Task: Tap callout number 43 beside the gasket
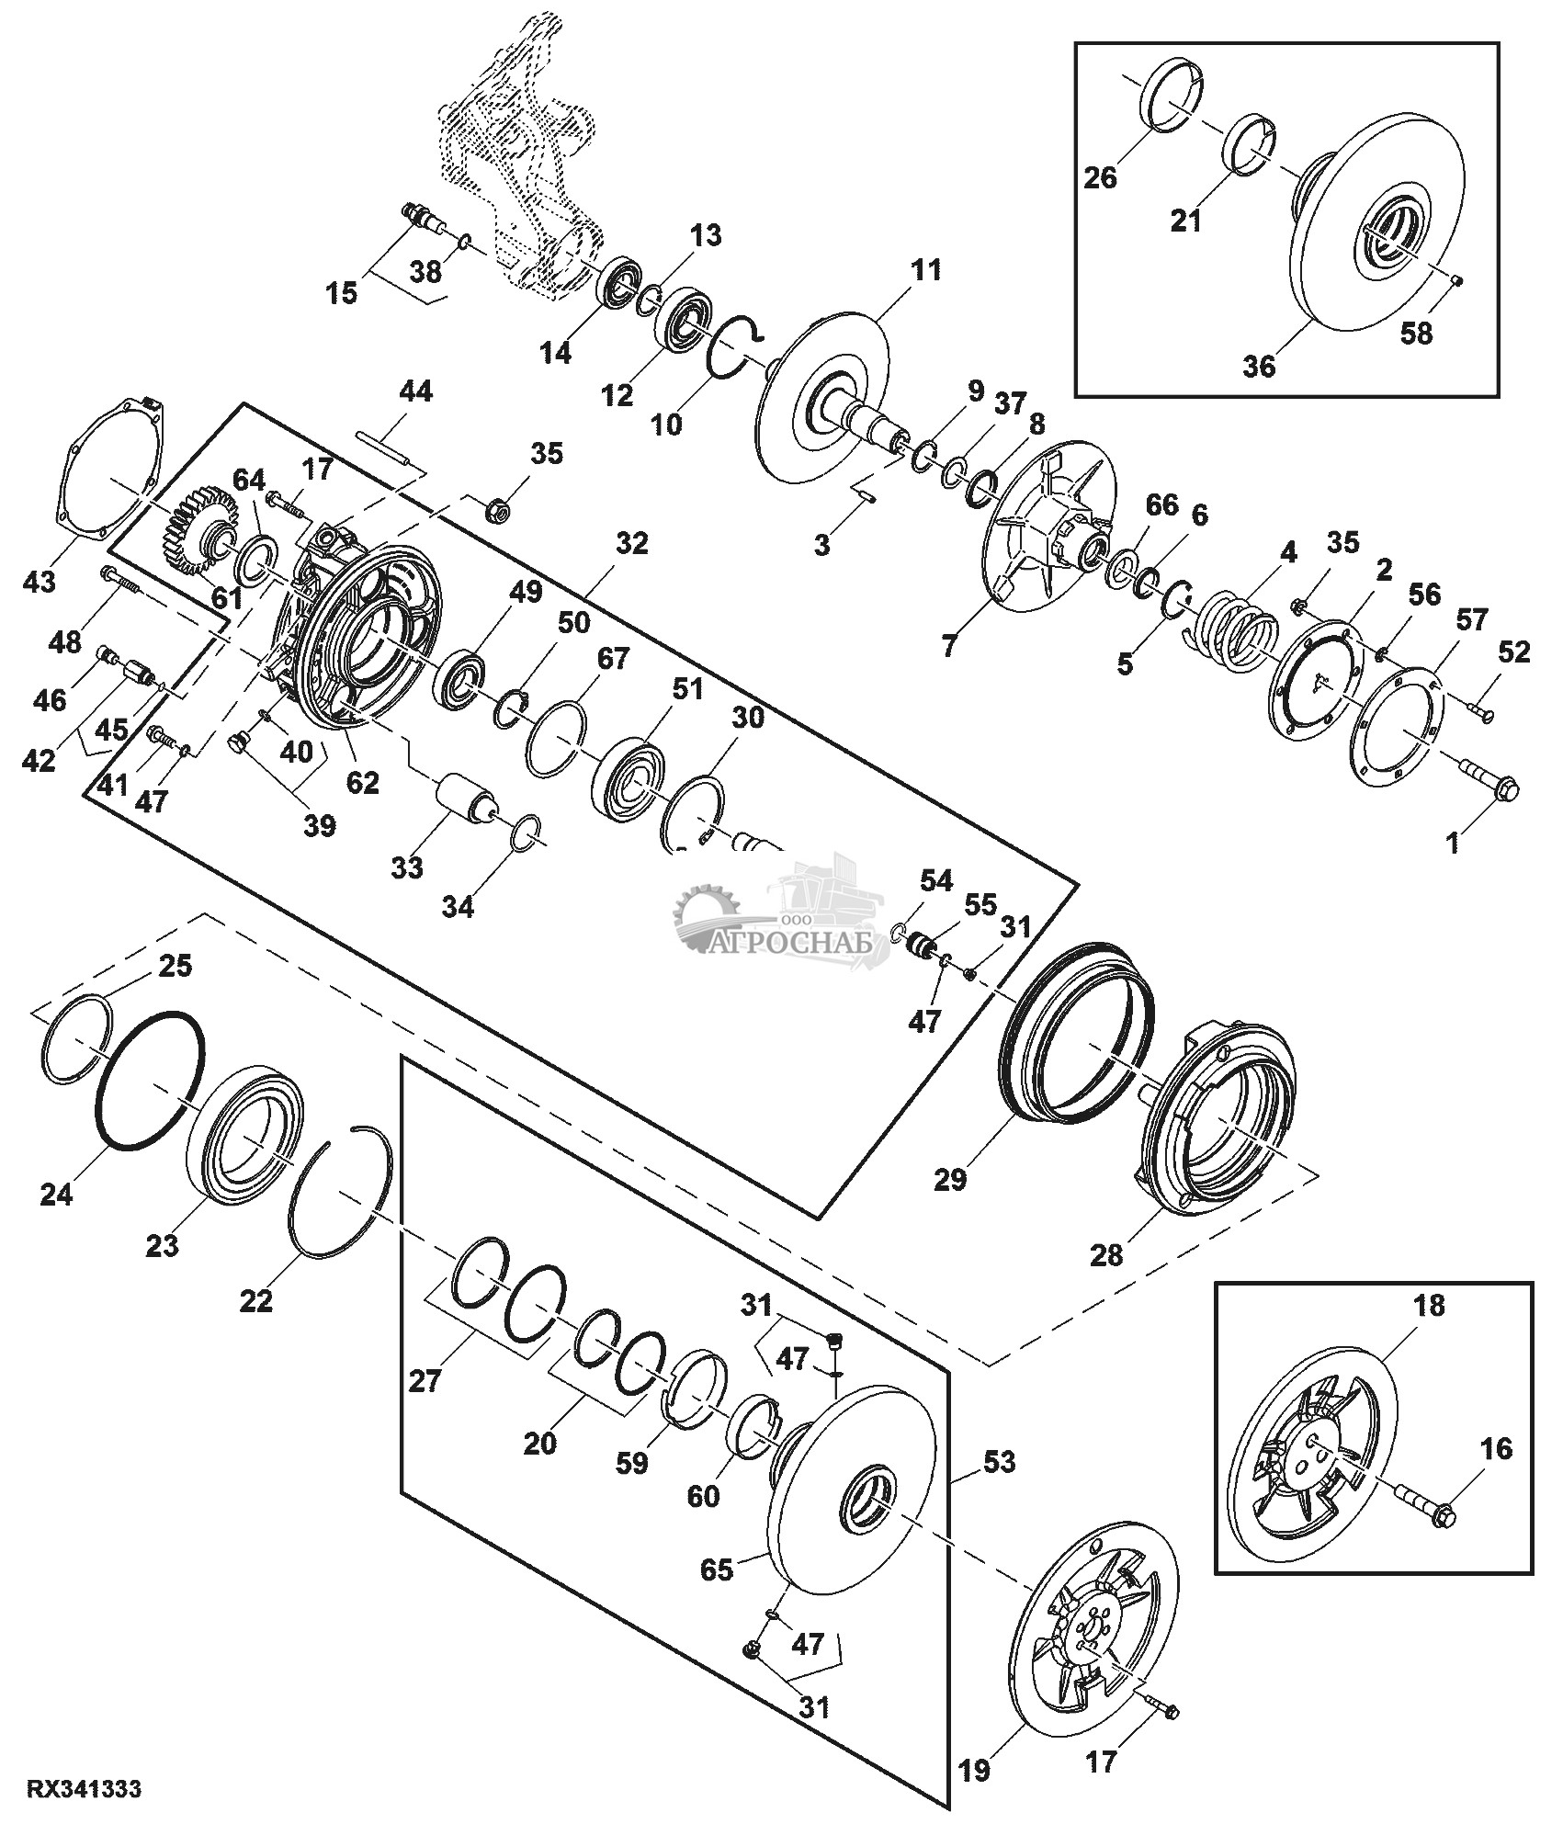(40, 582)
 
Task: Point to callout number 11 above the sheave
(925, 270)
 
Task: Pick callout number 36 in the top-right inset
(1259, 366)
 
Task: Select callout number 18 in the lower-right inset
(1430, 1305)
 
